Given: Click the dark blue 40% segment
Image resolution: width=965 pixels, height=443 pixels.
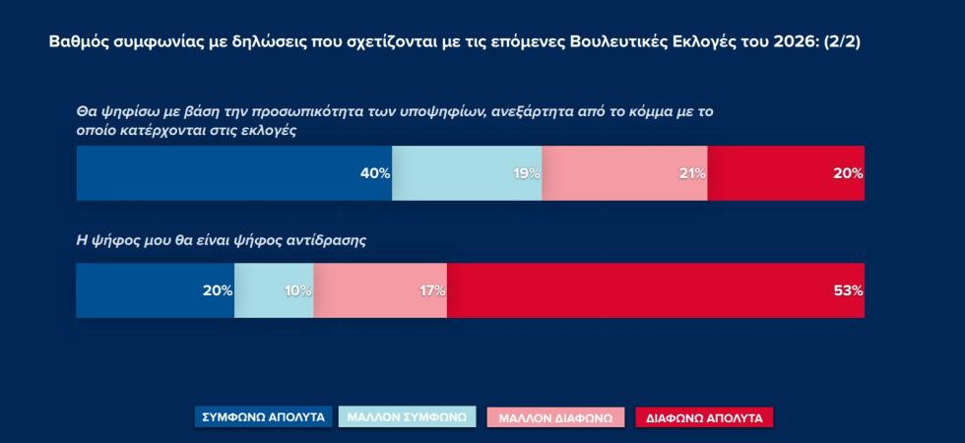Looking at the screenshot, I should coord(233,173).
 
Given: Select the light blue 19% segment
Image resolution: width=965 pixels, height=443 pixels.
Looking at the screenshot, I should coord(467,173).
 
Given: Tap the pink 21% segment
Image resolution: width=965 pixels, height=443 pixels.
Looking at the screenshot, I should coord(624,173).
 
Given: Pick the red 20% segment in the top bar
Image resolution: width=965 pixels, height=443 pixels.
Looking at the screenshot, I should coord(786,173).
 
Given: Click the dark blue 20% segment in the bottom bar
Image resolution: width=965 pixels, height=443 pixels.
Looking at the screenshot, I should coord(155,290).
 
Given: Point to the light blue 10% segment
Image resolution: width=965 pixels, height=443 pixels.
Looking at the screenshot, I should coord(274,290).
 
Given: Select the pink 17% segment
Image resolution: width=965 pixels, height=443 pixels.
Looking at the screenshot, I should coord(380,290).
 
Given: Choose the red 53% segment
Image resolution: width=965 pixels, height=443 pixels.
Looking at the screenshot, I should coord(656,290).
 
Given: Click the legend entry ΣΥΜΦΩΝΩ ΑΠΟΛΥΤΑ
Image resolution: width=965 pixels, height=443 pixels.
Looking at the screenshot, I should coord(263,417).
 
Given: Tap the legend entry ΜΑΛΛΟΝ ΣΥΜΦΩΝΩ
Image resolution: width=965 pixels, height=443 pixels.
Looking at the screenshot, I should coord(408,417).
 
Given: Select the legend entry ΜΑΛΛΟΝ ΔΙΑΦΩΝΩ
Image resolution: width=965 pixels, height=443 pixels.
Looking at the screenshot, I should coord(555,417).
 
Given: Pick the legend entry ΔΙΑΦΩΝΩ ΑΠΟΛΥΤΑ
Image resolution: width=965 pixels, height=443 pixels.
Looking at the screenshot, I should coord(704,417).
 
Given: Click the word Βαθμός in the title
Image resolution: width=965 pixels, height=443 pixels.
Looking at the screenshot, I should coord(78,44).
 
